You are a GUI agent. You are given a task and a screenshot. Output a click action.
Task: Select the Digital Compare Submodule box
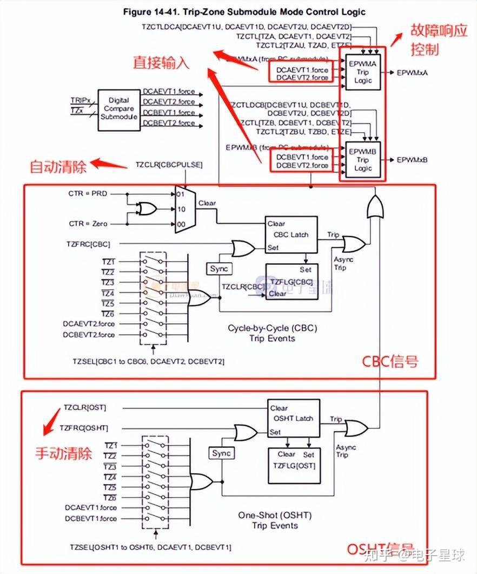tap(118, 109)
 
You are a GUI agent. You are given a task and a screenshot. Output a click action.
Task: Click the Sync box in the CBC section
tap(219, 269)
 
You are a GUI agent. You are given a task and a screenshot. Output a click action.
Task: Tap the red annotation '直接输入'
tap(161, 62)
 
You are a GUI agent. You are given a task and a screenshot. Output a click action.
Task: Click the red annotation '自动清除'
tap(58, 167)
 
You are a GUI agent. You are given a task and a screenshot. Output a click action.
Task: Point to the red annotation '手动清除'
tap(63, 453)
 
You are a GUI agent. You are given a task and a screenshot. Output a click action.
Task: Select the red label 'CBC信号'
tap(390, 361)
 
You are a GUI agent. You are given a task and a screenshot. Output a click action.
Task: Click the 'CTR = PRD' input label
tap(87, 193)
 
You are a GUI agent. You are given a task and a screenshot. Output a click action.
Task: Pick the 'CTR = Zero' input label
tap(87, 224)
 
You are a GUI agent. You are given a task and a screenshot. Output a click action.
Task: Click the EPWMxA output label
tap(412, 72)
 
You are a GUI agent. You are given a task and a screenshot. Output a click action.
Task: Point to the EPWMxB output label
tap(412, 160)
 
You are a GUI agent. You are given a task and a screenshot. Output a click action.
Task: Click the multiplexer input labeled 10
tap(181, 208)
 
